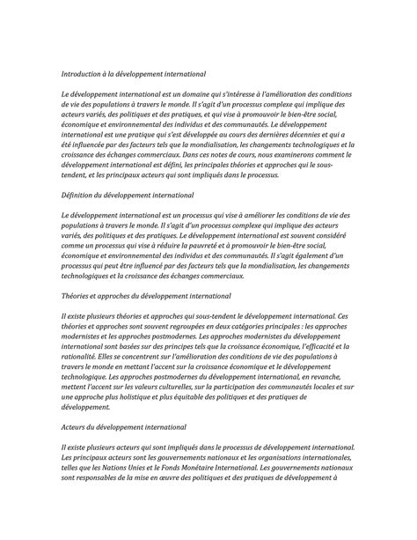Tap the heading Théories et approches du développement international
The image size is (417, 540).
(146, 298)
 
